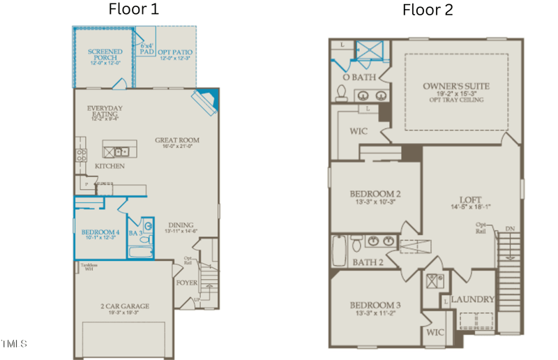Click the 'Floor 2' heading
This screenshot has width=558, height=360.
(x=427, y=10)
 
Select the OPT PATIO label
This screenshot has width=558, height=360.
(x=175, y=52)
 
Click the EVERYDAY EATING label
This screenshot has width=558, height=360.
(x=105, y=112)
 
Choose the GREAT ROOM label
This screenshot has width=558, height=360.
(x=176, y=140)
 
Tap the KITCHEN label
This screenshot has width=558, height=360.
(x=110, y=166)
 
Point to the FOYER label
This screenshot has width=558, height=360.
(x=187, y=283)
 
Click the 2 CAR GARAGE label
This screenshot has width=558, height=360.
(x=125, y=306)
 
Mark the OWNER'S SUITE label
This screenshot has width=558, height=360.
(x=456, y=87)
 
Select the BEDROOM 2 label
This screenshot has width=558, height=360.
(x=375, y=193)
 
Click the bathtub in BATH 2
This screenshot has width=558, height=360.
(x=339, y=251)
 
